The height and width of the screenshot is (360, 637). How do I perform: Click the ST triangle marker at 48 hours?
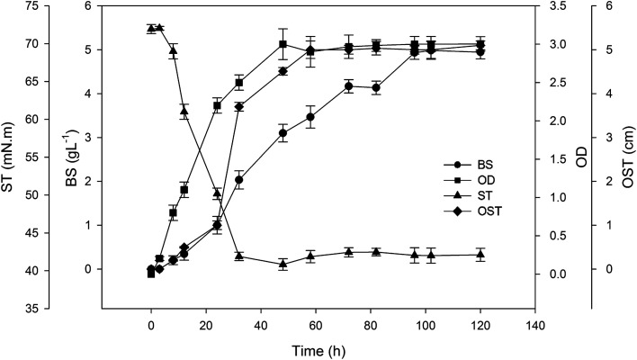283,264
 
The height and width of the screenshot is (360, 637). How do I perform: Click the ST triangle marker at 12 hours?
184,112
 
